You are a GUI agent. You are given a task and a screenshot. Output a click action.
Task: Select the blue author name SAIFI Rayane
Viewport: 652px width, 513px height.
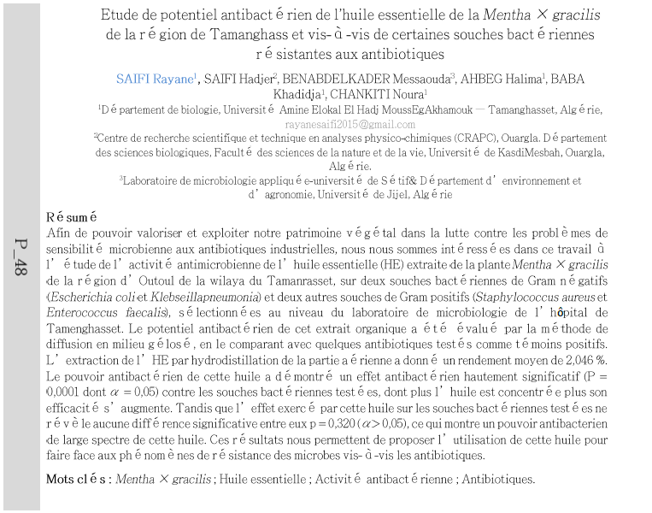pos(155,79)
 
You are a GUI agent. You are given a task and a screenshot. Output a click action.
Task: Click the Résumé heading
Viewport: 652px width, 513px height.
pos(72,217)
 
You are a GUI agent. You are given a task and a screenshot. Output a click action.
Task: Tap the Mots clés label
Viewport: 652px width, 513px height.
pos(76,479)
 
